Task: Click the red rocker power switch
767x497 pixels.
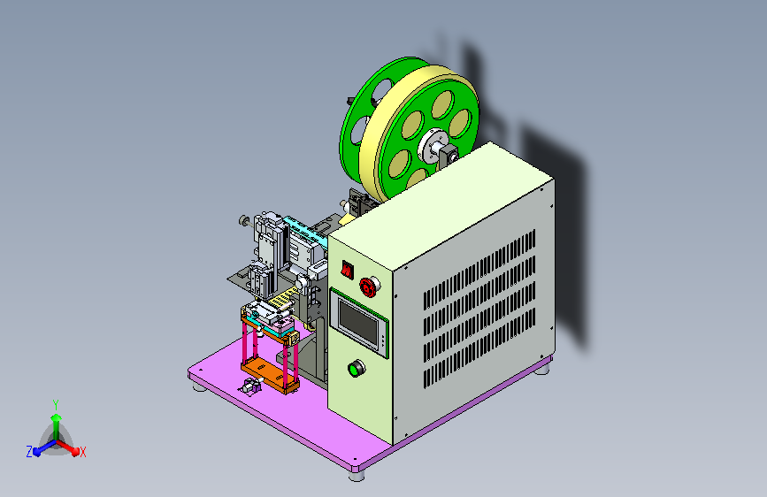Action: [x=348, y=270]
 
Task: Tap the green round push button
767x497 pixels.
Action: [x=357, y=369]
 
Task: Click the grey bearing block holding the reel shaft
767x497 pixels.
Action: [x=447, y=157]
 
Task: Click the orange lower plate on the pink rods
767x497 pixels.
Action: [x=270, y=373]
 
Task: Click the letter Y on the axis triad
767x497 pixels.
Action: [x=56, y=405]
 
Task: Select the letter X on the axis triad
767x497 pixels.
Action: [x=83, y=453]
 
